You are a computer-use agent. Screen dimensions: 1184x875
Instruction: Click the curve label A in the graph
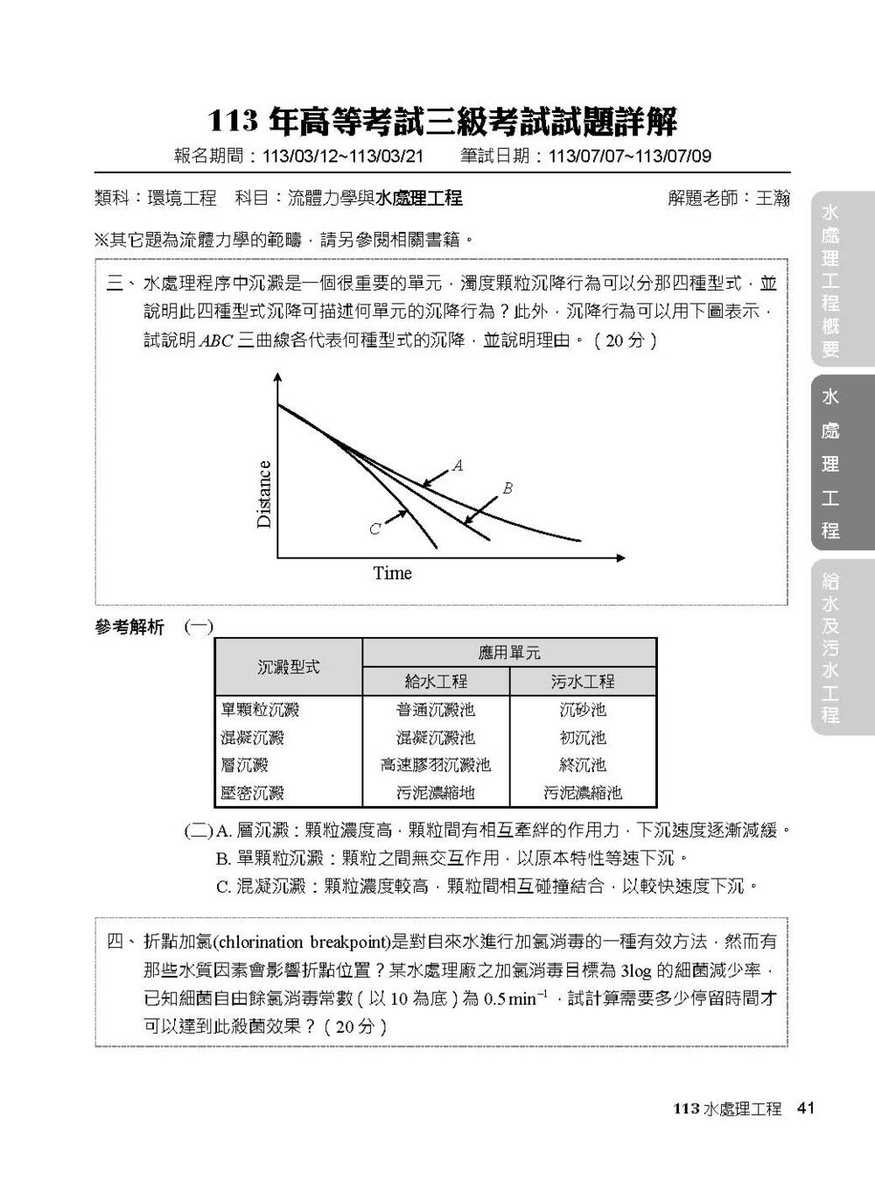coord(458,466)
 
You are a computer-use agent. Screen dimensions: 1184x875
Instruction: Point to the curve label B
coord(507,488)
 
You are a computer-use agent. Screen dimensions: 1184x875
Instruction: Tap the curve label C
coord(374,529)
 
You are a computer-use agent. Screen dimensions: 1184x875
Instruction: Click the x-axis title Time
coord(392,573)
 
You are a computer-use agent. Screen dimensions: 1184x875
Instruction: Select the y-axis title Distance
coord(264,494)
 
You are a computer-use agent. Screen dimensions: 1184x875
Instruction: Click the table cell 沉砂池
coord(583,710)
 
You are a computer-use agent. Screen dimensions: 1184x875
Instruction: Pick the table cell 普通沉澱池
coord(435,710)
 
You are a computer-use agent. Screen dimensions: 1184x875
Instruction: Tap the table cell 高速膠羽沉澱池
coord(435,765)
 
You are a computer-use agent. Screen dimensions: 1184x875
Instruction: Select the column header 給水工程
coord(435,681)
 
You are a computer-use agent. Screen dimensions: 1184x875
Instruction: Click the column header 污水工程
coord(583,681)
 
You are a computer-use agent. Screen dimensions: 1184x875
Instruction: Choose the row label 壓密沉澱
coord(252,793)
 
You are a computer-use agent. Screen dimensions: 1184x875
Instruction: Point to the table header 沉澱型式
coord(288,667)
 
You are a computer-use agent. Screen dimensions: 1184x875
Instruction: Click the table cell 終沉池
coord(583,765)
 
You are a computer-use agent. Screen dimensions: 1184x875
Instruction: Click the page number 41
coord(806,1108)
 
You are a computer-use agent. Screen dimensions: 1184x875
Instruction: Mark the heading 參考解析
coord(129,627)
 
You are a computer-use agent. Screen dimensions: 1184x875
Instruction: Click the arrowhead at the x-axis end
coord(621,557)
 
